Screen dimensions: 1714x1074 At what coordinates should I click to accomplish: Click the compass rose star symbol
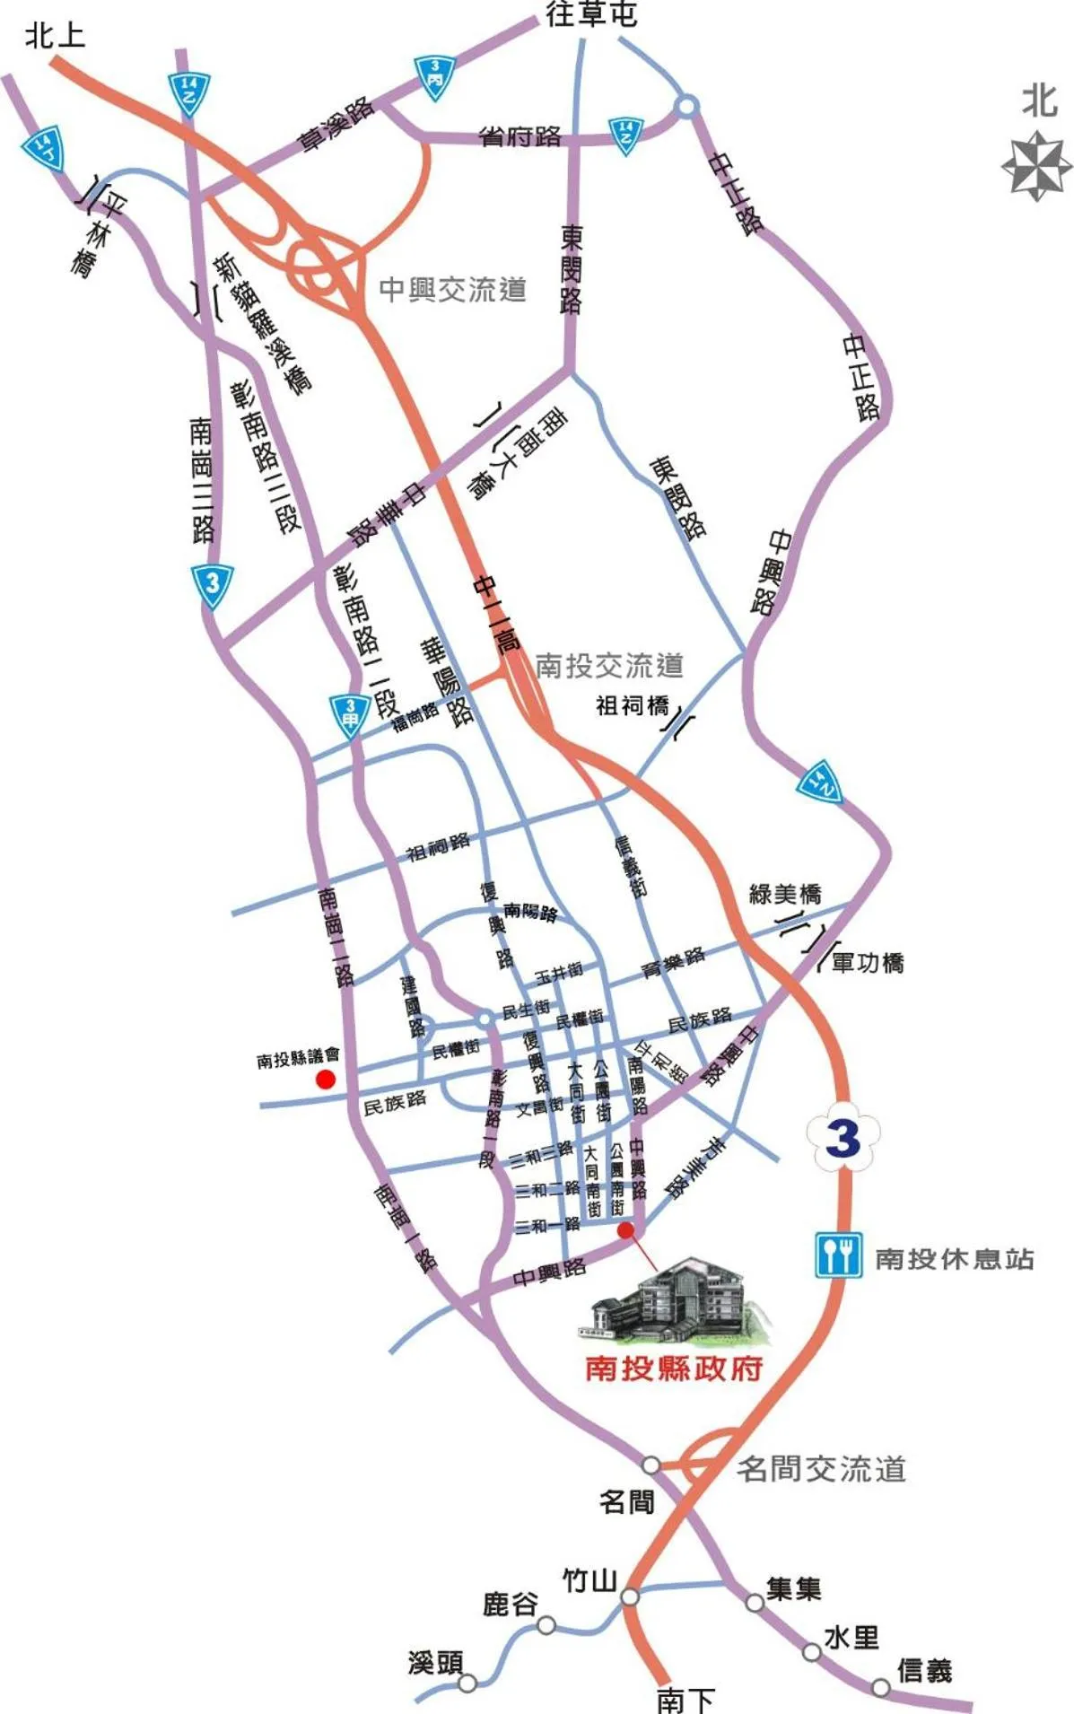coord(1037,165)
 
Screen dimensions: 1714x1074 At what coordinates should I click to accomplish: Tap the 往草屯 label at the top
coord(591,14)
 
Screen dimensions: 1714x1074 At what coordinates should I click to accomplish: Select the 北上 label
coord(56,36)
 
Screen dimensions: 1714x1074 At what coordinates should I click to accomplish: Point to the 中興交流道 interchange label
coord(452,290)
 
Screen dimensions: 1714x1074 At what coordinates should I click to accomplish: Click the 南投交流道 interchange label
coord(609,665)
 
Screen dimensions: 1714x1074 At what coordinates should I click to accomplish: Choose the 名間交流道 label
coord(821,1469)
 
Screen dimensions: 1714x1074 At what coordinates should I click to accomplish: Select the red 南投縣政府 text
coord(674,1368)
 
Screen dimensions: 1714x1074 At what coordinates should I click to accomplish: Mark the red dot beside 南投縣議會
coord(325,1080)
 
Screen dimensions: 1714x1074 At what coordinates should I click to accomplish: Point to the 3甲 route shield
coord(350,715)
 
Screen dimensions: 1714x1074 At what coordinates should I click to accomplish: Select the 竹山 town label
coord(589,1579)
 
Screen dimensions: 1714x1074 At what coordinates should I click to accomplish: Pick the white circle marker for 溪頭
coord(467,1683)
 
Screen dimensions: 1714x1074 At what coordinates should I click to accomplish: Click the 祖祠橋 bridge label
coord(633,706)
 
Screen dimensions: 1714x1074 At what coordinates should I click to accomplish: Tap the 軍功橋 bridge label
coord(867,963)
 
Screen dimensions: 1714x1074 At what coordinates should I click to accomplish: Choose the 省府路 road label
coord(520,136)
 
